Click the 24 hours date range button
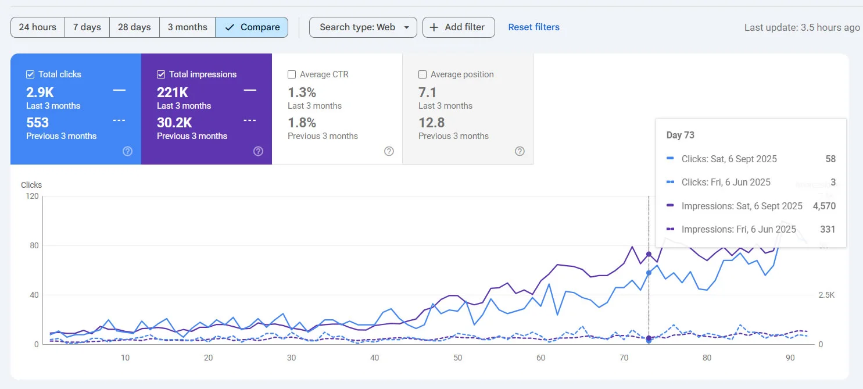click(38, 27)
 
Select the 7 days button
click(87, 27)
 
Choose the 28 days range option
click(134, 27)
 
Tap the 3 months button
click(187, 27)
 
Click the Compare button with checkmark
click(252, 27)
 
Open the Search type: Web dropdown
click(363, 27)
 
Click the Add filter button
click(459, 27)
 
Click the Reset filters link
click(533, 27)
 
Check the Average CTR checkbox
click(292, 74)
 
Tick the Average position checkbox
click(422, 74)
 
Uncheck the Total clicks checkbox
click(30, 74)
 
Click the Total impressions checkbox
click(161, 74)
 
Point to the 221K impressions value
click(173, 92)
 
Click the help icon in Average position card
click(520, 151)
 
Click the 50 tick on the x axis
click(458, 358)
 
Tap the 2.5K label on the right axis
click(826, 295)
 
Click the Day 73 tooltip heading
click(681, 135)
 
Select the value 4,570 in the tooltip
click(824, 206)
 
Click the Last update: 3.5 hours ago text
click(802, 27)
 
